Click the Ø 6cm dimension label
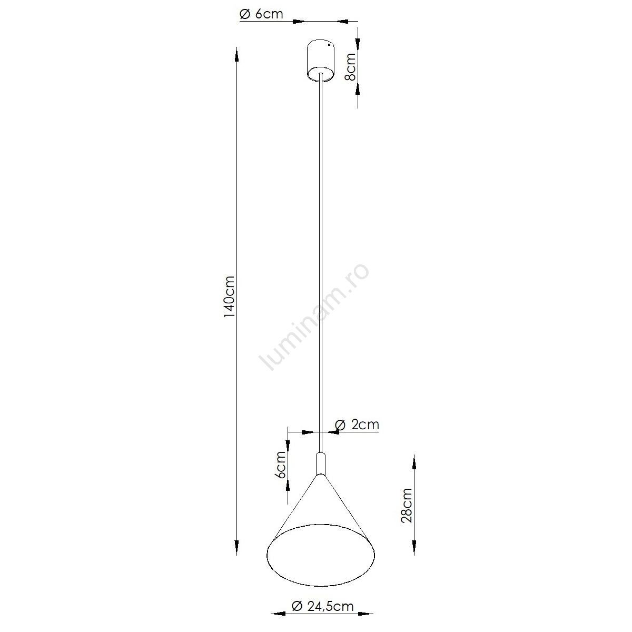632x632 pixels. [x=261, y=14]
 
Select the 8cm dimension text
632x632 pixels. [x=351, y=66]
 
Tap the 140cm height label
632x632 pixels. [x=229, y=297]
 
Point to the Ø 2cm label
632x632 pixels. [x=357, y=424]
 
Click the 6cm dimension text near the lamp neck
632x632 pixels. [x=281, y=465]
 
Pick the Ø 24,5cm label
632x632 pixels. [x=322, y=606]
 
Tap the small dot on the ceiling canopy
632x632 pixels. [x=329, y=44]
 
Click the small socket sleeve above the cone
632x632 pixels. [x=321, y=464]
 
